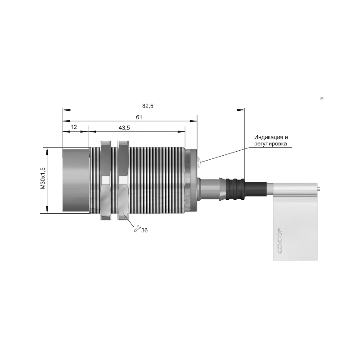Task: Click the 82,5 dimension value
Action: [148, 106]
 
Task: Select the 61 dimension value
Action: [139, 117]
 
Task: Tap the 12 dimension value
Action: [74, 127]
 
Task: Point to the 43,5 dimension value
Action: [124, 128]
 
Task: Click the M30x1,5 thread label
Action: [43, 178]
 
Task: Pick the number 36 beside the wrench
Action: [144, 230]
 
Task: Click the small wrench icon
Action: [137, 229]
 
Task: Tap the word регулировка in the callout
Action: [271, 144]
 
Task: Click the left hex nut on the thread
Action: [106, 180]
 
